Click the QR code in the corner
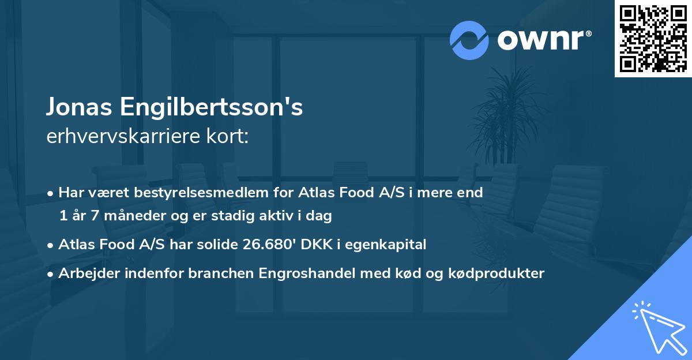653,39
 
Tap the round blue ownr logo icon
469,40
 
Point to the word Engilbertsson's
212,108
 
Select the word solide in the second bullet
210,245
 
